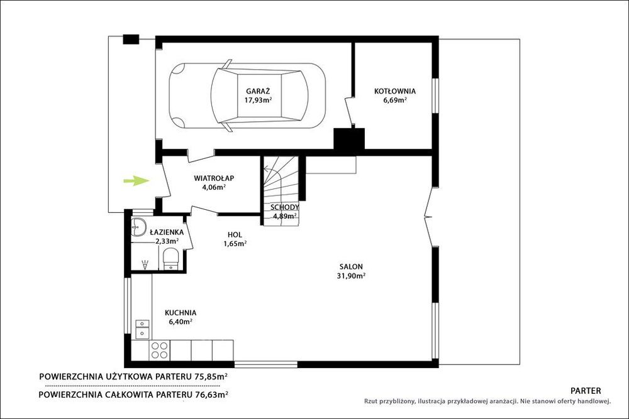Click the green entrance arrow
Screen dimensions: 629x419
pyautogui.click(x=136, y=181)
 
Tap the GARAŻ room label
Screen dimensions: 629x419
pyautogui.click(x=258, y=91)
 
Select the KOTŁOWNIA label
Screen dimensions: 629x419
pyautogui.click(x=395, y=91)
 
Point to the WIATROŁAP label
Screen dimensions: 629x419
pyautogui.click(x=214, y=178)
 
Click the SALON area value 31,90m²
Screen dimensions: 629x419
pyautogui.click(x=351, y=276)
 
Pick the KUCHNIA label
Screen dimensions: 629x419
pyautogui.click(x=181, y=312)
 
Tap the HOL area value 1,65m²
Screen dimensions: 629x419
pyautogui.click(x=235, y=243)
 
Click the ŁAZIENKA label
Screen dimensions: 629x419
pyautogui.click(x=167, y=232)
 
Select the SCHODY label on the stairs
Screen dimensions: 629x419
pyautogui.click(x=284, y=207)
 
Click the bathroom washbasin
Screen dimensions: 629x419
pyautogui.click(x=138, y=227)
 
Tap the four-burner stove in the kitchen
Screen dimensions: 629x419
pyautogui.click(x=159, y=350)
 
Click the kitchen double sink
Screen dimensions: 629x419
pyautogui.click(x=142, y=329)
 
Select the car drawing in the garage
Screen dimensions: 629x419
pyautogui.click(x=247, y=95)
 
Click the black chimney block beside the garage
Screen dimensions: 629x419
pyautogui.click(x=349, y=140)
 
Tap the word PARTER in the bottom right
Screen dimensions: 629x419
pyautogui.click(x=585, y=391)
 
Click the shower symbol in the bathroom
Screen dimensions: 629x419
pyautogui.click(x=145, y=264)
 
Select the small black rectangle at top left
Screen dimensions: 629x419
pyautogui.click(x=131, y=39)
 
